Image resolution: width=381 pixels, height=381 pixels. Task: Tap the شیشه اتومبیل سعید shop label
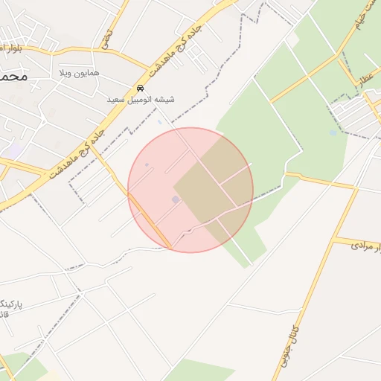pos(141,98)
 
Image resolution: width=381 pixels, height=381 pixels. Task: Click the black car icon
pos(141,86)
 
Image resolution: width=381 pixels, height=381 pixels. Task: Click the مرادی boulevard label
pos(362,244)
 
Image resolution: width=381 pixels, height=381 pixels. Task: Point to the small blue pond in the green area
pos(332,133)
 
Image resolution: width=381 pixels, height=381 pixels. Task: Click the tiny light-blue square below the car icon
pos(159,121)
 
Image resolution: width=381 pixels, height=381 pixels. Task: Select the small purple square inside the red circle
pos(176,199)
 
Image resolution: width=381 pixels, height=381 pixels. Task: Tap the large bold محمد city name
pos(14,77)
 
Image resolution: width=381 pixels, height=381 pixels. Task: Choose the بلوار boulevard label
pos(10,48)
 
